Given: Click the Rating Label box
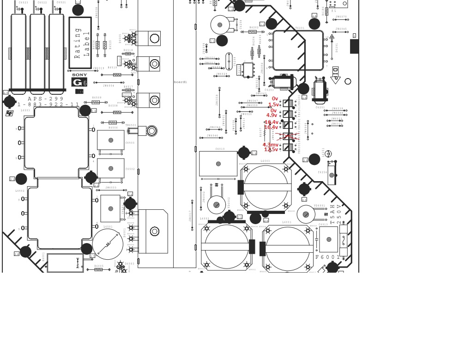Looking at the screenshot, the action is tap(80, 43).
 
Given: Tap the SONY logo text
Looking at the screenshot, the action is tap(79, 75).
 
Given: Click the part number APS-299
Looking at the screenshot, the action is tap(46, 99).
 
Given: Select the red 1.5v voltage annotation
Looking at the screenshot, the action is tap(274, 105).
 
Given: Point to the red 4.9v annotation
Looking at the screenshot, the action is tap(272, 116).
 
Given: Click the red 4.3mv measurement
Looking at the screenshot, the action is tap(271, 145).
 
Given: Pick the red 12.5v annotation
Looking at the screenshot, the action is tap(271, 150).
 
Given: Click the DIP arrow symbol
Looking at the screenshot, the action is tap(336, 74).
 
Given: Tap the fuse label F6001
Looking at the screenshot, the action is tap(327, 257).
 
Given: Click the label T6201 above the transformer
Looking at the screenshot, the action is tap(300, 28).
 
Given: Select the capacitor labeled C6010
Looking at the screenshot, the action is tap(218, 164).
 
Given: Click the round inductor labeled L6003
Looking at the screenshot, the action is tap(266, 187).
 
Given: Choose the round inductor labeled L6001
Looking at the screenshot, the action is tap(288, 248).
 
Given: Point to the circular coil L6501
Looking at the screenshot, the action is tap(108, 244).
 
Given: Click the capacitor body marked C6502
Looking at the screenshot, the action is tap(111, 168).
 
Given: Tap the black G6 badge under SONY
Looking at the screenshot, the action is tap(79, 82).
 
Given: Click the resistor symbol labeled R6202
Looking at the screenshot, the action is tap(252, 32).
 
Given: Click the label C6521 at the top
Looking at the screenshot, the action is tap(61, 3).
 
